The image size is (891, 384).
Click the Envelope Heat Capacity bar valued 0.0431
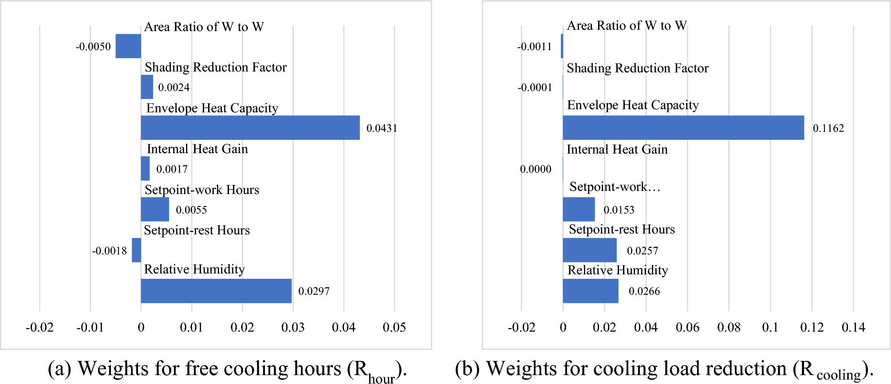[250, 128]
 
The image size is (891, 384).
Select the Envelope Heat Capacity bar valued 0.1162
[683, 128]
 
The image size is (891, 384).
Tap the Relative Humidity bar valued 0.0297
[216, 291]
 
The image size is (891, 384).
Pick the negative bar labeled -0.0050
[128, 46]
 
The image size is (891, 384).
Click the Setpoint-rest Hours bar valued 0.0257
[590, 250]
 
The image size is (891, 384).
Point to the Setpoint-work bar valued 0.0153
[579, 209]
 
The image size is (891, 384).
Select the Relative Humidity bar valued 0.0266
[591, 291]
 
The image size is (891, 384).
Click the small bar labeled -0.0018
[137, 250]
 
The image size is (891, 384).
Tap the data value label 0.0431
[382, 128]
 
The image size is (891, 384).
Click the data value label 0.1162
[828, 128]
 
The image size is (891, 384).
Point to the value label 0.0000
[536, 169]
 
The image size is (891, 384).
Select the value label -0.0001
[535, 87]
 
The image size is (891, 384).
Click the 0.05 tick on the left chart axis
[394, 328]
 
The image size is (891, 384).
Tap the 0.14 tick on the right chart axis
[853, 328]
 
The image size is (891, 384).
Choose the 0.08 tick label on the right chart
[729, 328]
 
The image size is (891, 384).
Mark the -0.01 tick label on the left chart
[90, 328]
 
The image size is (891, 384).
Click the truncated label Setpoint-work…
[615, 187]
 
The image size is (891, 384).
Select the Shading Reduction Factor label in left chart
[216, 67]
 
